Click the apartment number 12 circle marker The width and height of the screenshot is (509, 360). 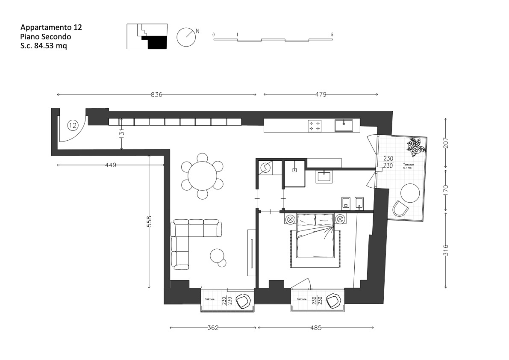73,125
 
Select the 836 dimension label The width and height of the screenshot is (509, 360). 156,95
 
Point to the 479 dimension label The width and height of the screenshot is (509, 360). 321,95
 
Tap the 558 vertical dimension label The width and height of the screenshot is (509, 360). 149,221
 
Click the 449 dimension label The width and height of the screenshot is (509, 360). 111,165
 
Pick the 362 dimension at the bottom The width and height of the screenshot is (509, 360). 213,328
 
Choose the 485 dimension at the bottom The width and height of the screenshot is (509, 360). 316,328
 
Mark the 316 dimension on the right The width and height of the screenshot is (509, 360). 446,250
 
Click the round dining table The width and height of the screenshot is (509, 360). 202,176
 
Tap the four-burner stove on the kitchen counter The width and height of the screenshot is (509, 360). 315,126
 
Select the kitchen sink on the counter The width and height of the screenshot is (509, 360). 344,125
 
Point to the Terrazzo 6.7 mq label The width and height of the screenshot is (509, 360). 408,166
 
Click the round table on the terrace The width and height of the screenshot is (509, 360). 410,193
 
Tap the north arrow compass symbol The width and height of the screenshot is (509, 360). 186,37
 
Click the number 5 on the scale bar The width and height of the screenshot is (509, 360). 332,34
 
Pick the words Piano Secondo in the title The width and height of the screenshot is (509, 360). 45,37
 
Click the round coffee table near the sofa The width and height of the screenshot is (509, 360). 218,256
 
